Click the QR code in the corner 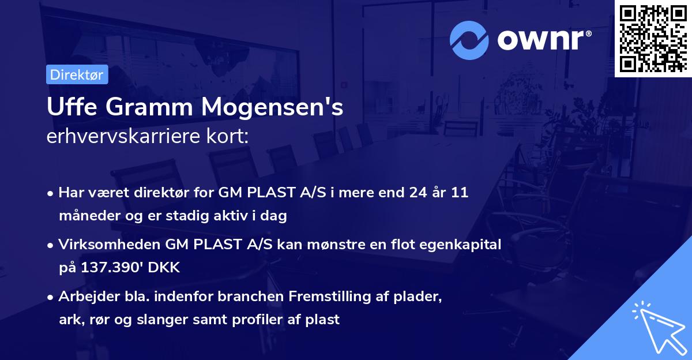pos(653,39)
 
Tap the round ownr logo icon pos(469,40)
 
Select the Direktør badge pos(77,74)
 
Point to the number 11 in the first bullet pos(459,193)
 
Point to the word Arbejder pos(84,297)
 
